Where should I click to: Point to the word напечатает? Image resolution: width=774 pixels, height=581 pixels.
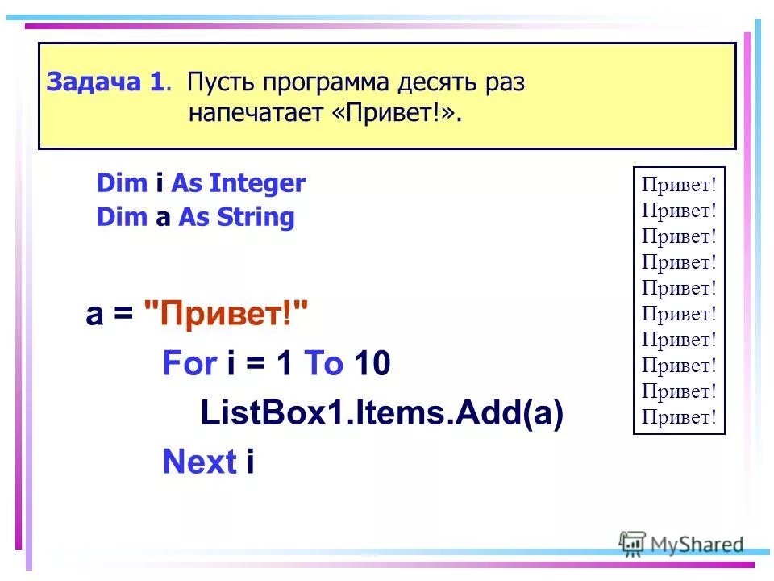(x=256, y=113)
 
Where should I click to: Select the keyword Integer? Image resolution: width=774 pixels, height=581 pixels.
(x=257, y=184)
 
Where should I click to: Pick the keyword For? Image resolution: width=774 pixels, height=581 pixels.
(x=189, y=364)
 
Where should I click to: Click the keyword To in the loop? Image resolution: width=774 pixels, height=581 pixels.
(x=323, y=364)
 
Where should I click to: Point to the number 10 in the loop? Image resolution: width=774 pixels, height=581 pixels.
(x=372, y=364)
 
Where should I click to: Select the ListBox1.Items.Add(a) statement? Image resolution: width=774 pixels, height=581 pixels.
(x=381, y=413)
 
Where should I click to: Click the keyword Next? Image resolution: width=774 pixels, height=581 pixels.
(x=199, y=462)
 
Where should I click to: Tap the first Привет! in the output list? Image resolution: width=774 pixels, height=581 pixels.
(x=679, y=185)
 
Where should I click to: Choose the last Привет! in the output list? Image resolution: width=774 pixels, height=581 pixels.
(x=679, y=417)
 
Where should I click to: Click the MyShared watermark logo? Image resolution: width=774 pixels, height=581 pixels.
(x=681, y=545)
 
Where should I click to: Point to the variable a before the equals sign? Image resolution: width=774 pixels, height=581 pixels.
(x=94, y=313)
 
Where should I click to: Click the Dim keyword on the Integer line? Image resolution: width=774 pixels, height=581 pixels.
(x=122, y=184)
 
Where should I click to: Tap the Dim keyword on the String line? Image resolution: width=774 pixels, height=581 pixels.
(x=122, y=217)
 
